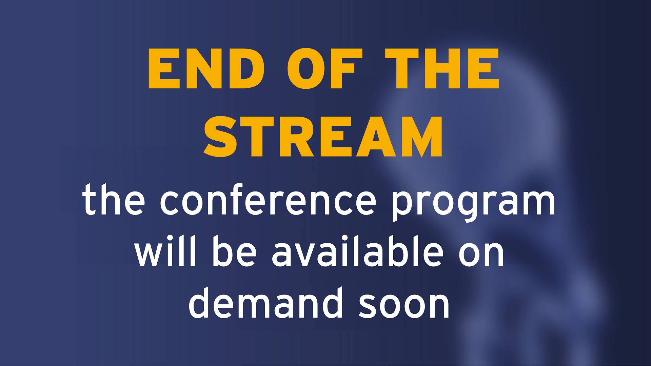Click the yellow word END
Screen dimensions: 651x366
point(206,68)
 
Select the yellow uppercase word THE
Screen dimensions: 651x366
point(442,68)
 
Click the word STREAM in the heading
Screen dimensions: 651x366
point(323,137)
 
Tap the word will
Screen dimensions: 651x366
point(165,251)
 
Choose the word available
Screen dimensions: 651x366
point(358,251)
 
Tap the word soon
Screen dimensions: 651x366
point(404,306)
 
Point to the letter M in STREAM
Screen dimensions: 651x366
point(422,137)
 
